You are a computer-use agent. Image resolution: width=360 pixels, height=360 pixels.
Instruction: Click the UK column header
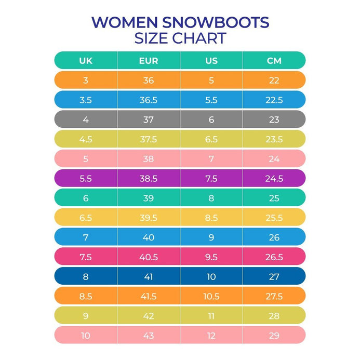[86, 61]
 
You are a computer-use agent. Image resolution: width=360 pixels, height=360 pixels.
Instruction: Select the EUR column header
[149, 61]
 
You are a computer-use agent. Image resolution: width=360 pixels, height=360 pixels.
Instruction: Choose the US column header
[211, 61]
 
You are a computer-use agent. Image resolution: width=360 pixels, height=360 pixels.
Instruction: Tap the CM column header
[274, 61]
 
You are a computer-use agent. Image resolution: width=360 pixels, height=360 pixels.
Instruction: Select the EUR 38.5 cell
[149, 179]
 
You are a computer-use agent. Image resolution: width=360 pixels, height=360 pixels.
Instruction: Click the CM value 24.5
[274, 179]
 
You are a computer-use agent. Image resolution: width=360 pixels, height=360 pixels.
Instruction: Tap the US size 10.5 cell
[211, 296]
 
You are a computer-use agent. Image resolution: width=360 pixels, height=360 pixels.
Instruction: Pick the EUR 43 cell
[149, 336]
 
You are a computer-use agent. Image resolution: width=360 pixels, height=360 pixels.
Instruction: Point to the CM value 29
[274, 336]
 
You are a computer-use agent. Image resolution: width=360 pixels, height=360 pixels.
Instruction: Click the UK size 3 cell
[86, 81]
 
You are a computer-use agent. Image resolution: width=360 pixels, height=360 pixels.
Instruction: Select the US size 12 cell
[211, 336]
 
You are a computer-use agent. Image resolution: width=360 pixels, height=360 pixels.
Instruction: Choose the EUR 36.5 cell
[149, 100]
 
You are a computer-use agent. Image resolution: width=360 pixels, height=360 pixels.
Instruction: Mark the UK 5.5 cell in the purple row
[86, 179]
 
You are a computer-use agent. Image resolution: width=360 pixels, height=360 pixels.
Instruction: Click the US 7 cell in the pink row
[211, 159]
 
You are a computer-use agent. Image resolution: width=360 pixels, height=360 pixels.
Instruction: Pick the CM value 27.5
[274, 296]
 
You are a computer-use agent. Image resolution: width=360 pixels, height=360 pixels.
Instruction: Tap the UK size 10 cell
[86, 336]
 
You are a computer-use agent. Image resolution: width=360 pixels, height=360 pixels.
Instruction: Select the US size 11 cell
[211, 316]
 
